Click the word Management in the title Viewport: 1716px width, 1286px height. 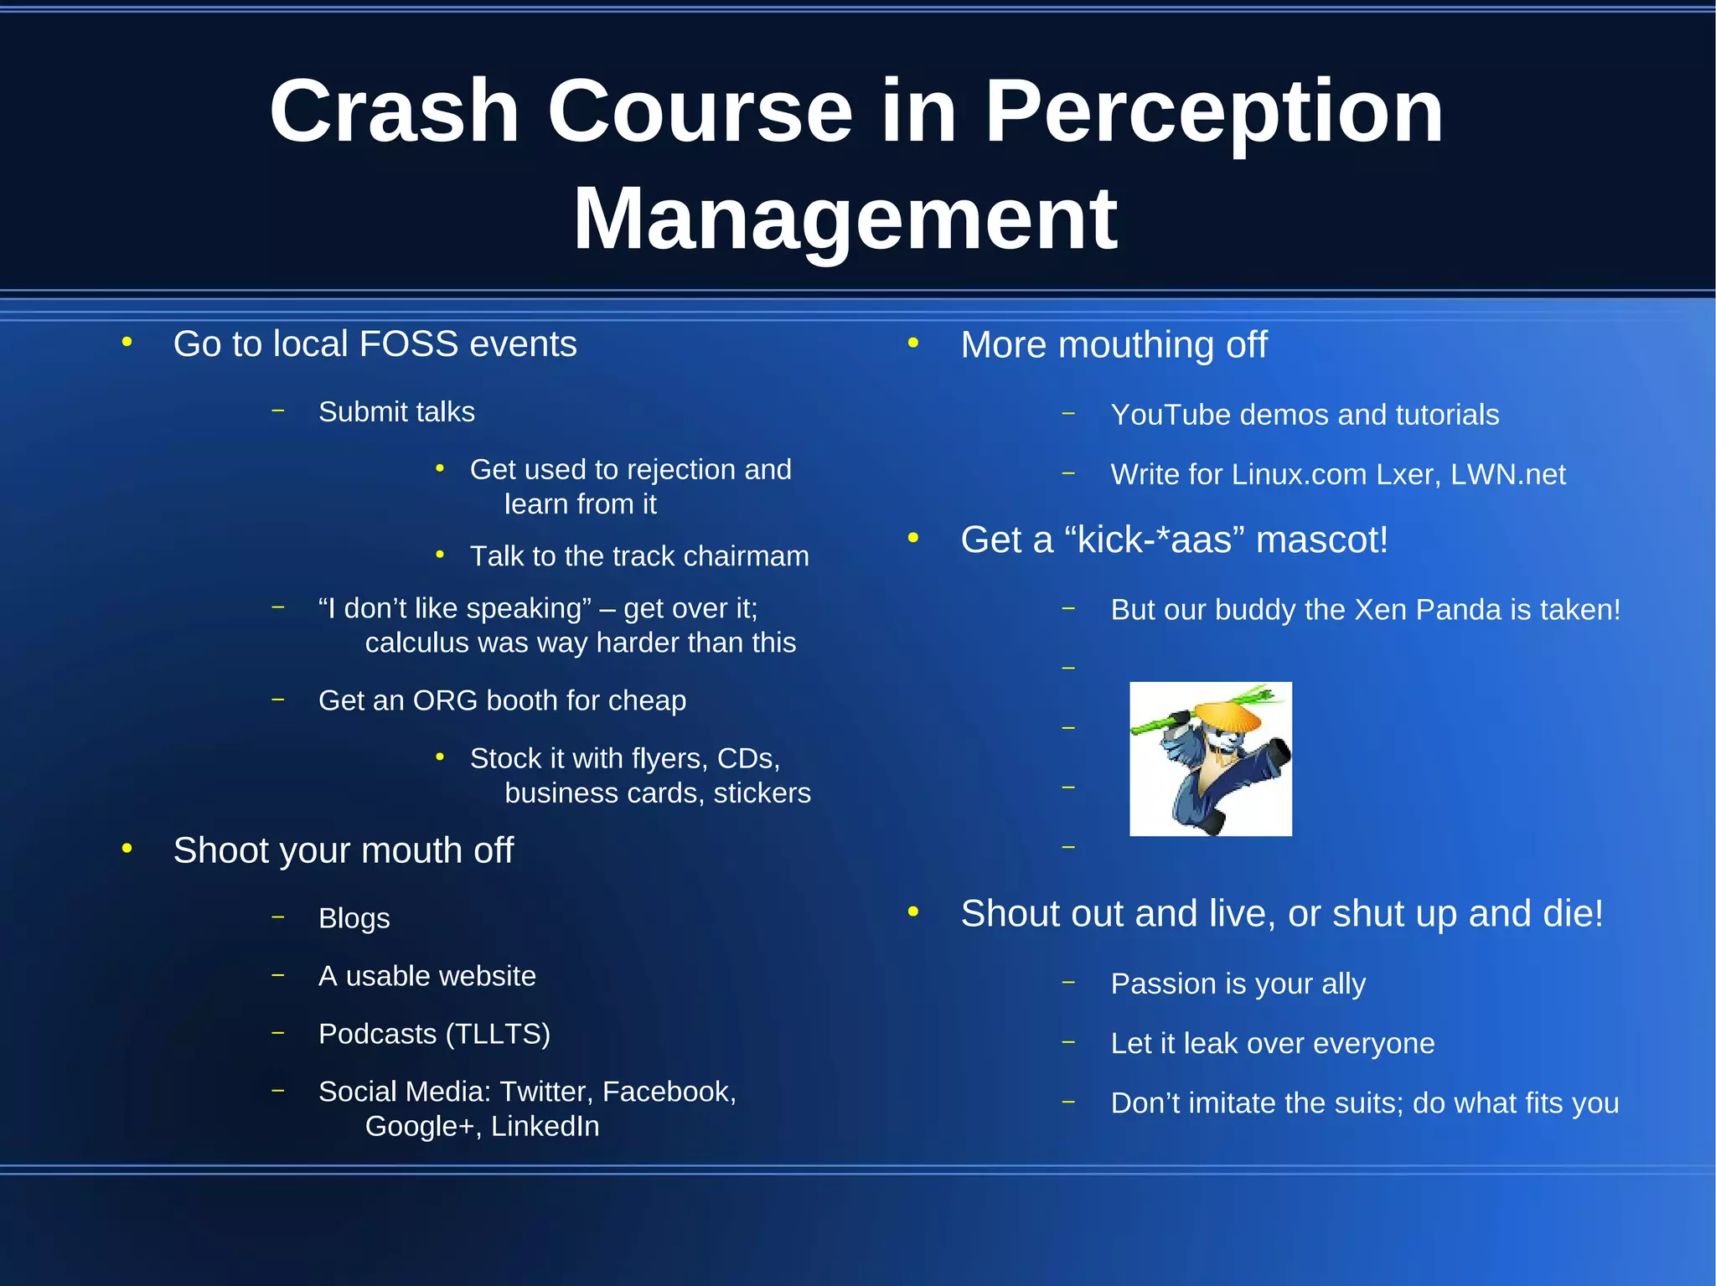(845, 220)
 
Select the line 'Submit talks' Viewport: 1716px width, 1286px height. (396, 412)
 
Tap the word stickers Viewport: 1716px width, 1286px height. (762, 793)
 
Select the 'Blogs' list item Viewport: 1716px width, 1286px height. (354, 919)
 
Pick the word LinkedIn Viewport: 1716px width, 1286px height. (545, 1127)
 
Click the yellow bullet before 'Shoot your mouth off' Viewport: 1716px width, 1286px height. (127, 850)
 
